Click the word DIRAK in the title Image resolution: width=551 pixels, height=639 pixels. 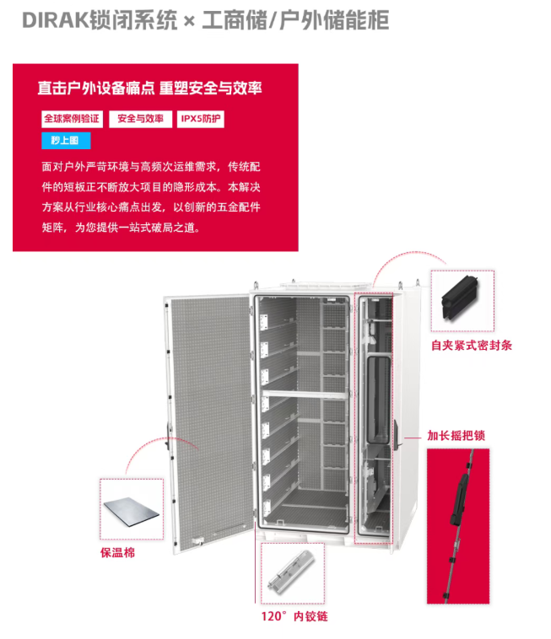(x=55, y=20)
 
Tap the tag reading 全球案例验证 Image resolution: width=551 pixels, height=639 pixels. (x=72, y=119)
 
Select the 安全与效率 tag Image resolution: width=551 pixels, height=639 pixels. (x=140, y=119)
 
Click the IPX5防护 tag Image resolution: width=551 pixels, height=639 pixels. (x=201, y=119)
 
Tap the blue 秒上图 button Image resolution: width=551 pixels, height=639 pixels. (x=66, y=141)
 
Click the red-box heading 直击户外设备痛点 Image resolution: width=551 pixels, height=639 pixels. (x=96, y=88)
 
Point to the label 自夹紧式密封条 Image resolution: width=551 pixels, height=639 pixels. (x=472, y=346)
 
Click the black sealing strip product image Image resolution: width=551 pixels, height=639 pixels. (x=461, y=298)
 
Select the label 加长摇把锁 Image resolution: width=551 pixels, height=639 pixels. (x=456, y=436)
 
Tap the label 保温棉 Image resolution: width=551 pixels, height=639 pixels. (x=117, y=553)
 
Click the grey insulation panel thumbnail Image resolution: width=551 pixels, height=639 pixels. (x=132, y=512)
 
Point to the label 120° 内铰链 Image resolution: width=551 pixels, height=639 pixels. (x=294, y=616)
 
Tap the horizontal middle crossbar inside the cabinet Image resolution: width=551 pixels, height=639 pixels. (x=306, y=394)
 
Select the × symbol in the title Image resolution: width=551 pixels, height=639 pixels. (x=189, y=21)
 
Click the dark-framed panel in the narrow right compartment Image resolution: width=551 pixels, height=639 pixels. (x=378, y=400)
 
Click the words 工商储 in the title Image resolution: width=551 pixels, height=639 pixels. (x=235, y=20)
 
